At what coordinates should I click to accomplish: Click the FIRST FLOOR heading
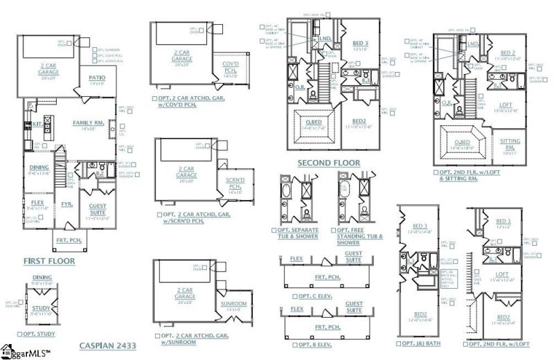[48, 261]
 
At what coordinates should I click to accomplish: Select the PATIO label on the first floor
[97, 78]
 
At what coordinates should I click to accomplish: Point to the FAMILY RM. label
[88, 123]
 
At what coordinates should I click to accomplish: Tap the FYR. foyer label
[66, 204]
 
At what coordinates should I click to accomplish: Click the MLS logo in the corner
[24, 351]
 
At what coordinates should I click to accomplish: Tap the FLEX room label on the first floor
[37, 203]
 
